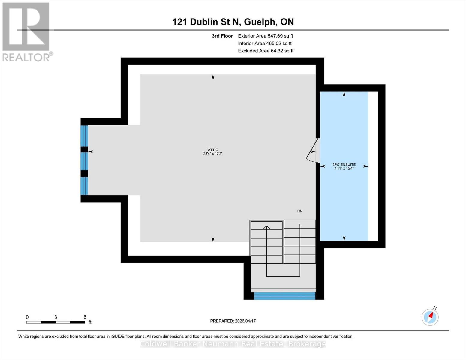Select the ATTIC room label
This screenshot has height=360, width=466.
(x=213, y=150)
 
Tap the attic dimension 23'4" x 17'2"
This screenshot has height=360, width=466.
(x=213, y=154)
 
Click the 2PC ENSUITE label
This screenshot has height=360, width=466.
(x=344, y=164)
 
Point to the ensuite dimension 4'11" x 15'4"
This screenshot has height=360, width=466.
(x=344, y=168)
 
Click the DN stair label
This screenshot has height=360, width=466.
(x=299, y=211)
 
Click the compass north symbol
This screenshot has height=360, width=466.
(x=430, y=317)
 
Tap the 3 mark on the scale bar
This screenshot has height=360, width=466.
(x=56, y=317)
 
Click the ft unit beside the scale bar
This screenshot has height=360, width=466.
(x=90, y=322)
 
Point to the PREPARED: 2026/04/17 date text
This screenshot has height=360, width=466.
(x=233, y=321)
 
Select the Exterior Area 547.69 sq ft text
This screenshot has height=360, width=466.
(x=265, y=36)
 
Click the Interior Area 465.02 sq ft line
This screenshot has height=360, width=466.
(x=265, y=43)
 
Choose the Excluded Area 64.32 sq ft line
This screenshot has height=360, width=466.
(x=266, y=51)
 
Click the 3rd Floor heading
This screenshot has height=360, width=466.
(x=222, y=36)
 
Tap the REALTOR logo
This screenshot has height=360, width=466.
(x=26, y=31)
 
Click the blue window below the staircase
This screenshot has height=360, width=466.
(x=284, y=296)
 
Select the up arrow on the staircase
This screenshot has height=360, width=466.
(x=266, y=227)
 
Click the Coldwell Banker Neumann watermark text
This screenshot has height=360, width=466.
(x=233, y=344)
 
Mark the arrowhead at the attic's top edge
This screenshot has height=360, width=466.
(x=213, y=77)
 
